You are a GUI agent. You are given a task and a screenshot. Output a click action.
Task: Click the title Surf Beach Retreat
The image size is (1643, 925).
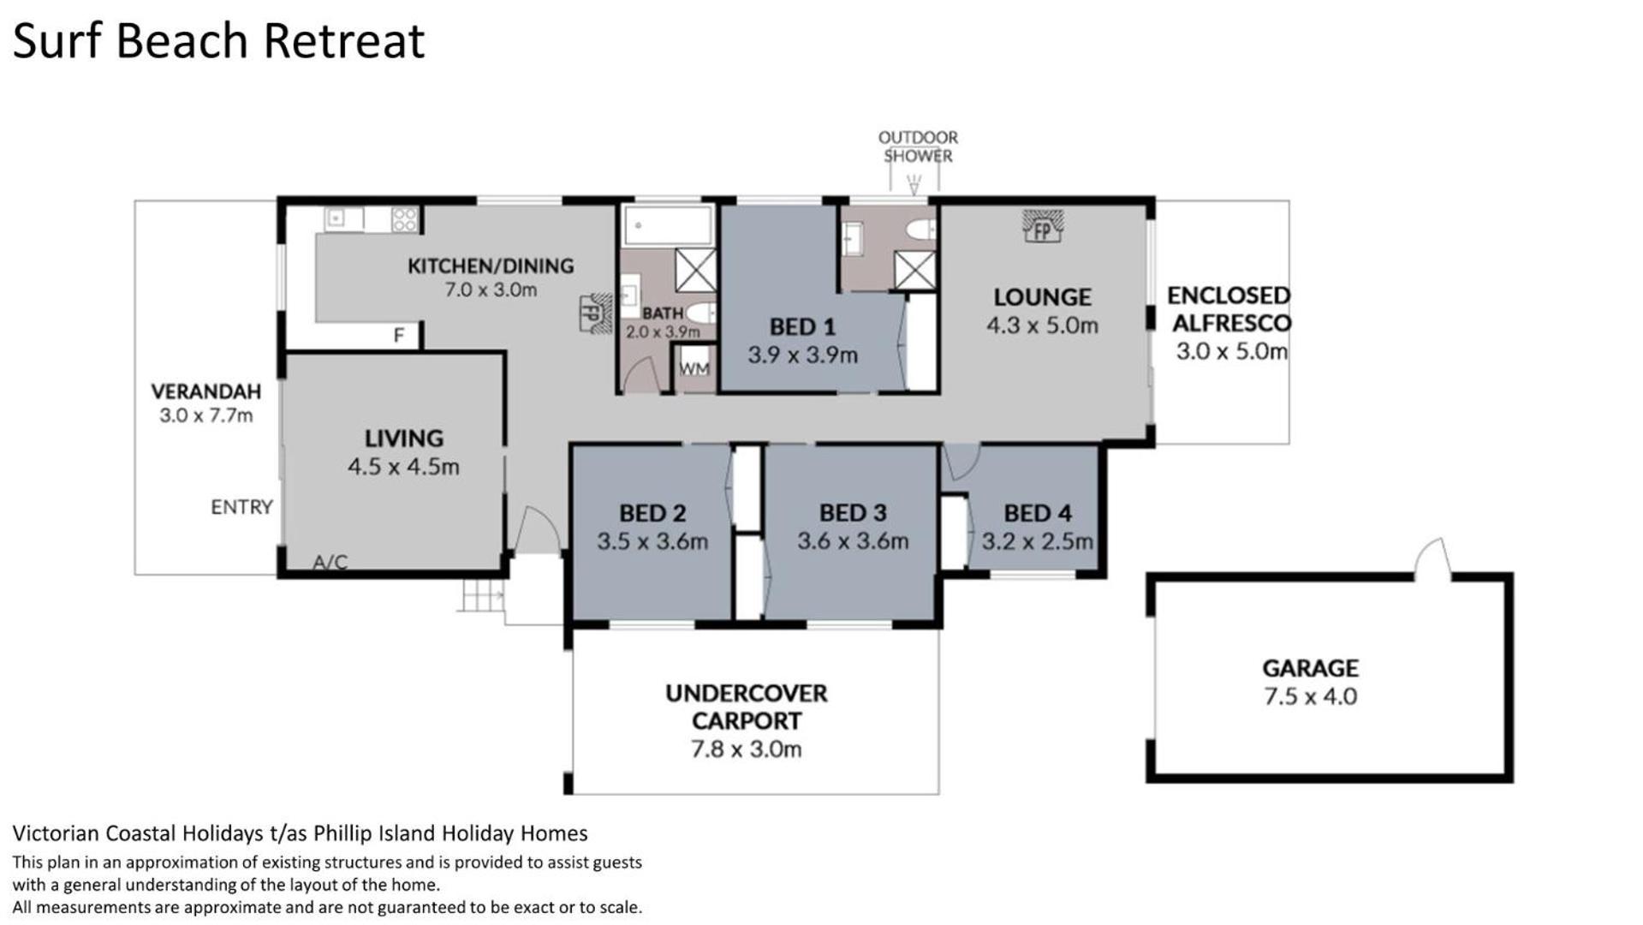[x=218, y=40]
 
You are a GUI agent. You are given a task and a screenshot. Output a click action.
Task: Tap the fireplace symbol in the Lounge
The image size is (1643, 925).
[x=1042, y=226]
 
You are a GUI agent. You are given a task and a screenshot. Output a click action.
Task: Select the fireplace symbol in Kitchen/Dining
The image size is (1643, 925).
[x=595, y=312]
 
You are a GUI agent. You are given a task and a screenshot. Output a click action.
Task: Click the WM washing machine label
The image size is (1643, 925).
[x=694, y=368]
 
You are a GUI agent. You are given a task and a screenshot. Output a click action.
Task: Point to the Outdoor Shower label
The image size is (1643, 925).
[x=918, y=146]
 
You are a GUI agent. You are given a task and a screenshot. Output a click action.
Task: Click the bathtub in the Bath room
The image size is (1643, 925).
[x=668, y=225]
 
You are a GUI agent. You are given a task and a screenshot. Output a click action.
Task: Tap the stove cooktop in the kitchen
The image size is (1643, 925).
[x=404, y=219]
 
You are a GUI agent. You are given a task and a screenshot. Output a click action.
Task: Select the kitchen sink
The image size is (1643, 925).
[x=343, y=219]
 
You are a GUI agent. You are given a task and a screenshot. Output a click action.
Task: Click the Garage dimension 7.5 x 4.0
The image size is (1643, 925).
[x=1310, y=696]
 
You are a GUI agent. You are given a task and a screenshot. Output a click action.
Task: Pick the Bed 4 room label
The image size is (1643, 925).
[x=1038, y=513]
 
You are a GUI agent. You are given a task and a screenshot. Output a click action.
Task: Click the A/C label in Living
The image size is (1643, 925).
[x=330, y=563]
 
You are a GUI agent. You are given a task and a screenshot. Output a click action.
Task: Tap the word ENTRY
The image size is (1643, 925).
[x=241, y=507]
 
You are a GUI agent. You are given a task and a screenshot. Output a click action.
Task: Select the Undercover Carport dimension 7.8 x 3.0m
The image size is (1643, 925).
[x=746, y=749]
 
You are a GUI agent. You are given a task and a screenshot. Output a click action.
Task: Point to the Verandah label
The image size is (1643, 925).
[x=206, y=391]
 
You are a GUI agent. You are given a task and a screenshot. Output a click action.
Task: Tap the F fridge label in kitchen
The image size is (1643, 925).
[x=398, y=336]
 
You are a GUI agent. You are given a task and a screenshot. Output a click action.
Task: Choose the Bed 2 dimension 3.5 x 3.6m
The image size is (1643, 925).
[x=652, y=541]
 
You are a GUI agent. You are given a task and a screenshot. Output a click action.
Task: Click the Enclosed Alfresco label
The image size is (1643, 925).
[x=1229, y=309]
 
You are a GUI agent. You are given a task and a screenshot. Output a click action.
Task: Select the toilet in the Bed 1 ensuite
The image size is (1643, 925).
[x=921, y=230]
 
